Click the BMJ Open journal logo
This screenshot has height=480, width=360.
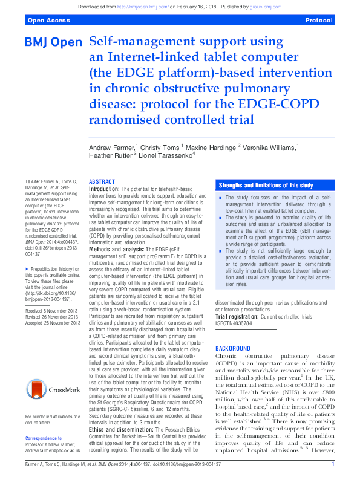(53, 43)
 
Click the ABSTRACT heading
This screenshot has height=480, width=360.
(102, 181)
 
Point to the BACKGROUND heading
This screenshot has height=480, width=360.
(233, 349)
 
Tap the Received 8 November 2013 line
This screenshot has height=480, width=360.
(52, 310)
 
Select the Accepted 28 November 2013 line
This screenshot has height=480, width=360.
(52, 323)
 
